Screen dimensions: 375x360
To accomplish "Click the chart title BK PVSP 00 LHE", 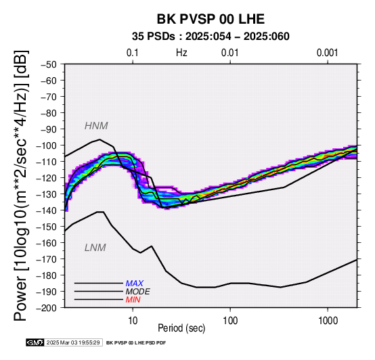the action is coord(211,19).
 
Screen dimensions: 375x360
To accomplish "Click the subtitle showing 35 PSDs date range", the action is coord(211,37).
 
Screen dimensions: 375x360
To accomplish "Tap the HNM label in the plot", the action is coord(96,126).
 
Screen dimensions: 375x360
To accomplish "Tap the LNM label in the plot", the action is coord(95,248).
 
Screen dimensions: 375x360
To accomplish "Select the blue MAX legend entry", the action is coord(135,284).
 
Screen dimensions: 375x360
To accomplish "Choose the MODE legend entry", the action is coord(138,292).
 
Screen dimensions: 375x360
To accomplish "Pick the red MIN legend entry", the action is coord(133,300).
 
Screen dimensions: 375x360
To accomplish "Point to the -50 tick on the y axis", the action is coord(49,64).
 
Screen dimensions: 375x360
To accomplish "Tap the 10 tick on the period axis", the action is coord(133,321).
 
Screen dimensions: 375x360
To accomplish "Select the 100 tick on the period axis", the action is coord(230,321).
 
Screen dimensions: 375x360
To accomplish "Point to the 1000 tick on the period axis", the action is coord(328,321).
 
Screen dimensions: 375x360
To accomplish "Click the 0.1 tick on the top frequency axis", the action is coord(133,53).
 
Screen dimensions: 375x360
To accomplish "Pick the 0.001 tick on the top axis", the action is coord(328,53).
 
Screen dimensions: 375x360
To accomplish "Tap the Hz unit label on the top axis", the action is coord(181,53).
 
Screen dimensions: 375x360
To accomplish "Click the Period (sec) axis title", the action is coord(181,328).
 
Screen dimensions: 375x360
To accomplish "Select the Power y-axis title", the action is coord(21,185).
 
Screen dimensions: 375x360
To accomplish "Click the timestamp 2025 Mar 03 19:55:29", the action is coord(73,343).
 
